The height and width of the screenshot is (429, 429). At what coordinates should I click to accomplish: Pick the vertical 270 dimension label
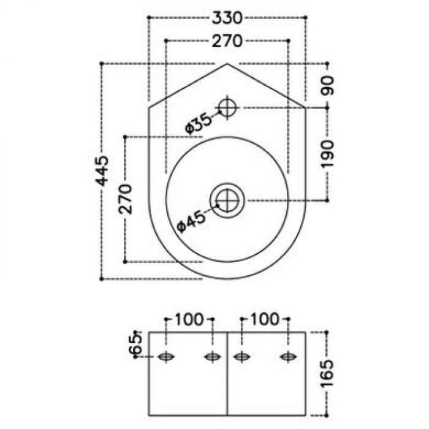[126, 199]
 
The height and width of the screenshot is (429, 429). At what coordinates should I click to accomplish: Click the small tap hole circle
[228, 108]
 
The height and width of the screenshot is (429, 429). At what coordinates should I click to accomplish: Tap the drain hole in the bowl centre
[227, 199]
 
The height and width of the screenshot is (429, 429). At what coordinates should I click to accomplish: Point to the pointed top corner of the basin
[227, 63]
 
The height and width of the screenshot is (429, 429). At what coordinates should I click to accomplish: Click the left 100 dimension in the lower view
[189, 319]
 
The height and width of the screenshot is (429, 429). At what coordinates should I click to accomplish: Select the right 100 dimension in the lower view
[265, 319]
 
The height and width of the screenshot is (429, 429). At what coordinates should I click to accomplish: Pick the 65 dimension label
[137, 344]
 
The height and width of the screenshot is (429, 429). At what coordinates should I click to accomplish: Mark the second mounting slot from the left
[212, 357]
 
